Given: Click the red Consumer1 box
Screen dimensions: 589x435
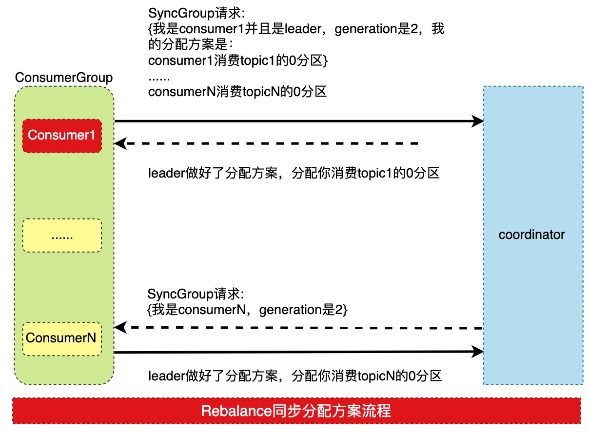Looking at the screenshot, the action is pos(62,136).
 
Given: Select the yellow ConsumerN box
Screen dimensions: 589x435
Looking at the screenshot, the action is pos(62,339).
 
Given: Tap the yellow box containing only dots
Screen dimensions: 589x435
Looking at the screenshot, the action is pos(62,236).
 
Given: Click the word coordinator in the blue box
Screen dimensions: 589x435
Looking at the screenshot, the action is pos(531,235).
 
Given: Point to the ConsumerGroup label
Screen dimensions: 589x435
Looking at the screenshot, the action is pos(64,78).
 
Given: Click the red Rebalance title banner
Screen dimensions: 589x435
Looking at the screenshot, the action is pos(296,411).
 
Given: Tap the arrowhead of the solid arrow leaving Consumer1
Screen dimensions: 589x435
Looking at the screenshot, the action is pos(477,121).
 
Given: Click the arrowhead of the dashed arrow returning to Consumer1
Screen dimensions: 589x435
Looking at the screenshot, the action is pos(120,143).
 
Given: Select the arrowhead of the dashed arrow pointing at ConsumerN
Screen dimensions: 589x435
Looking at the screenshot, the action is pos(120,327).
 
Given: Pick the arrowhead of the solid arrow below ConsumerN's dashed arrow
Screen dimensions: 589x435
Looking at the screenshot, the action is pos(477,352).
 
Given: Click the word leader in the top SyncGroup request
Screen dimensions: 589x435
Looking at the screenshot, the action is pos(303,29).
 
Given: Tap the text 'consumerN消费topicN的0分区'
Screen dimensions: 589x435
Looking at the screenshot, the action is pos(237,92).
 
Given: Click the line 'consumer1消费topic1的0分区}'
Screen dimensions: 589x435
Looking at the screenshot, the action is pos(238,60).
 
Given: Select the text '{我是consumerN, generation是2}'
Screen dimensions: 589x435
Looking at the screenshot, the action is pos(247,310).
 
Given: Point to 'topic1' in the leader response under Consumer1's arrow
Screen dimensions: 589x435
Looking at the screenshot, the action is pos(374,173).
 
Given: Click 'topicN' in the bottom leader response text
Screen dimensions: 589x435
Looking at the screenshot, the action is pos(376,376).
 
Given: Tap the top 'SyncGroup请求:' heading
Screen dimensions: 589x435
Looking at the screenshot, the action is pos(196,13).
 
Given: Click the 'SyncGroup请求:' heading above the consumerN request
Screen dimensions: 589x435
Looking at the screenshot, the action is pos(196,294).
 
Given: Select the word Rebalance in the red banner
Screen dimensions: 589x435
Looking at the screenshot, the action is pos(236,411).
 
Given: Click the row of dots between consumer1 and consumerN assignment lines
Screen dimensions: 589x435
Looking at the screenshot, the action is pos(159,79).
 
